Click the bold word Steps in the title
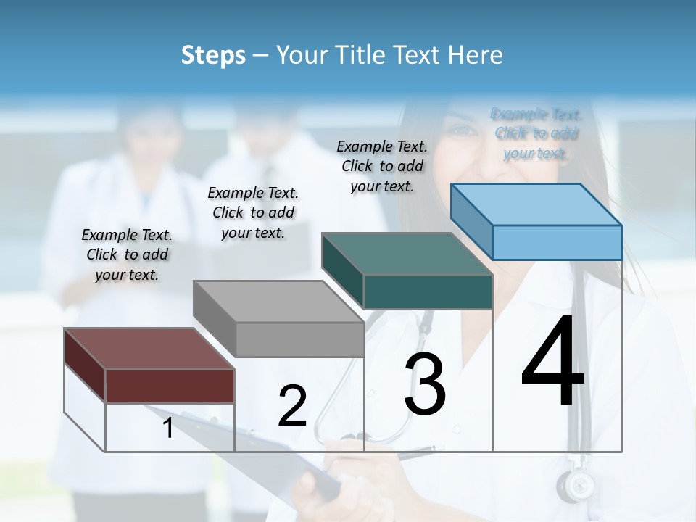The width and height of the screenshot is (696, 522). click(213, 55)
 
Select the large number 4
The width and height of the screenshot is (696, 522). click(552, 362)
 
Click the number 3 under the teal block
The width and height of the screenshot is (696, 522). click(425, 384)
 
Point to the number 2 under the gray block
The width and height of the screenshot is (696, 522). click(292, 406)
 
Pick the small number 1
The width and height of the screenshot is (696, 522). click(168, 428)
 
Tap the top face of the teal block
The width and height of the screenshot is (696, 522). click(407, 254)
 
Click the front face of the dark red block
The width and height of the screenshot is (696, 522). click(170, 386)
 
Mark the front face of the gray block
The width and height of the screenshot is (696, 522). click(299, 339)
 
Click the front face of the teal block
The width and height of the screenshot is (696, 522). click(428, 292)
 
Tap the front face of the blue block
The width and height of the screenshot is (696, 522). click(557, 242)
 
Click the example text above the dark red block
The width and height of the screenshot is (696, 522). click(127, 254)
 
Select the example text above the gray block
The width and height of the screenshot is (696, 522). click(253, 212)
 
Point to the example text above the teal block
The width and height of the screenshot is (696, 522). click(382, 166)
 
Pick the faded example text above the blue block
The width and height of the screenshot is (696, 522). click(536, 133)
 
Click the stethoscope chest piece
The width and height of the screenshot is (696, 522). click(576, 485)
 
